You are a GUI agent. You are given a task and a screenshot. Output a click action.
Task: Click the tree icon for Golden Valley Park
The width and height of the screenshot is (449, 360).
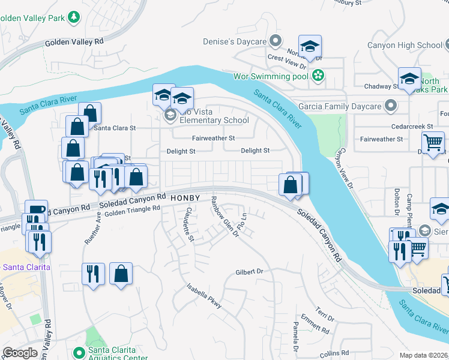point(74,18)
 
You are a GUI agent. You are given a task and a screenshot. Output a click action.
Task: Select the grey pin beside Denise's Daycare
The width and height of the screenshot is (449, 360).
point(276,41)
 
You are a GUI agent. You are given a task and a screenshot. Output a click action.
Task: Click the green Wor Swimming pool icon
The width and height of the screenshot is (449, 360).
point(318,76)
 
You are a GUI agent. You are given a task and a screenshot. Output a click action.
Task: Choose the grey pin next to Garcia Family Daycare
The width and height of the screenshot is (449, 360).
point(391,106)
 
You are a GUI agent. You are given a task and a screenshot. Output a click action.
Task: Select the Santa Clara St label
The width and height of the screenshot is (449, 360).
point(115,128)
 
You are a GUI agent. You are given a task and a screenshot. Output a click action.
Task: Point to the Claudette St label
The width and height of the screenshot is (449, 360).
point(189,224)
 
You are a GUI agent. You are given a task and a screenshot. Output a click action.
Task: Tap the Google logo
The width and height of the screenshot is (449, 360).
point(20,353)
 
